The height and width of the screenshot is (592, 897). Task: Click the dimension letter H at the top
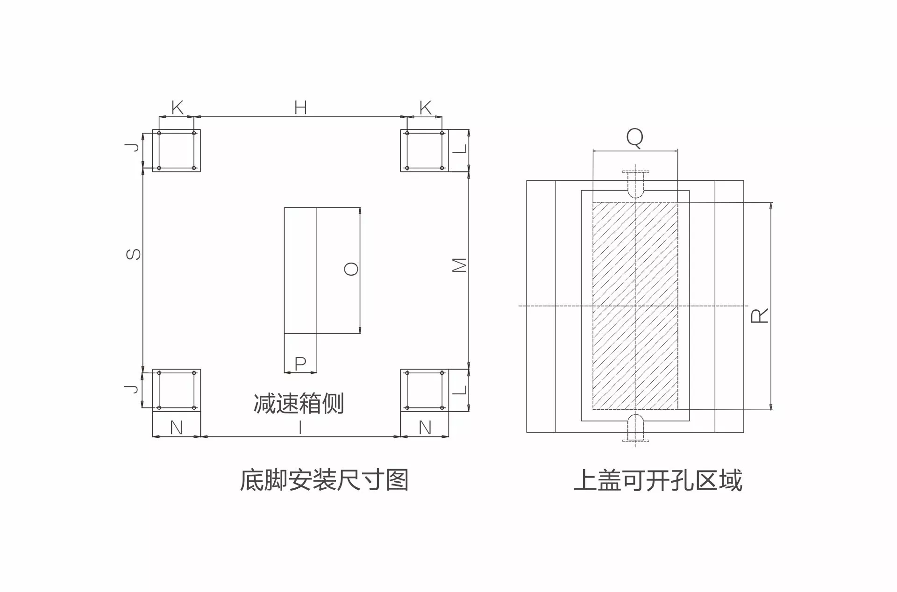click(x=300, y=108)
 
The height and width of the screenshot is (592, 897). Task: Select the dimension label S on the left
click(x=134, y=254)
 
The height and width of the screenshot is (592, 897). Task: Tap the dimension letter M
click(x=460, y=265)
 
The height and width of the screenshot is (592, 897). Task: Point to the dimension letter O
click(x=351, y=269)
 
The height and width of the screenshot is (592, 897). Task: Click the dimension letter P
click(x=300, y=363)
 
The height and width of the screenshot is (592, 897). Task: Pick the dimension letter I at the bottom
click(x=300, y=428)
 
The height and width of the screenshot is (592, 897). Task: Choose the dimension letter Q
click(x=635, y=138)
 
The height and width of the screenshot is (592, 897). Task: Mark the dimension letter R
click(x=760, y=316)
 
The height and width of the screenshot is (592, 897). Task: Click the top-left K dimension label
click(x=178, y=108)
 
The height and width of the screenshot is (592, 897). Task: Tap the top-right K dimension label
click(x=425, y=108)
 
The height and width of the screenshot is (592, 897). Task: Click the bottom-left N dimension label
click(x=176, y=428)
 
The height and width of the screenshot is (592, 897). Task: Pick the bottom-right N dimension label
click(x=425, y=428)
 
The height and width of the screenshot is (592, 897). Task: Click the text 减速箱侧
click(x=299, y=404)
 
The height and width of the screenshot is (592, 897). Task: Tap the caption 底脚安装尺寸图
click(x=324, y=480)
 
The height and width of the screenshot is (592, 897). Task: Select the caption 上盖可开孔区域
click(x=658, y=480)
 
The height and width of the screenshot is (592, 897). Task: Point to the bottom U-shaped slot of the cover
click(x=635, y=427)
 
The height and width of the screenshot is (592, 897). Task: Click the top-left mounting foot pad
click(x=177, y=150)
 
